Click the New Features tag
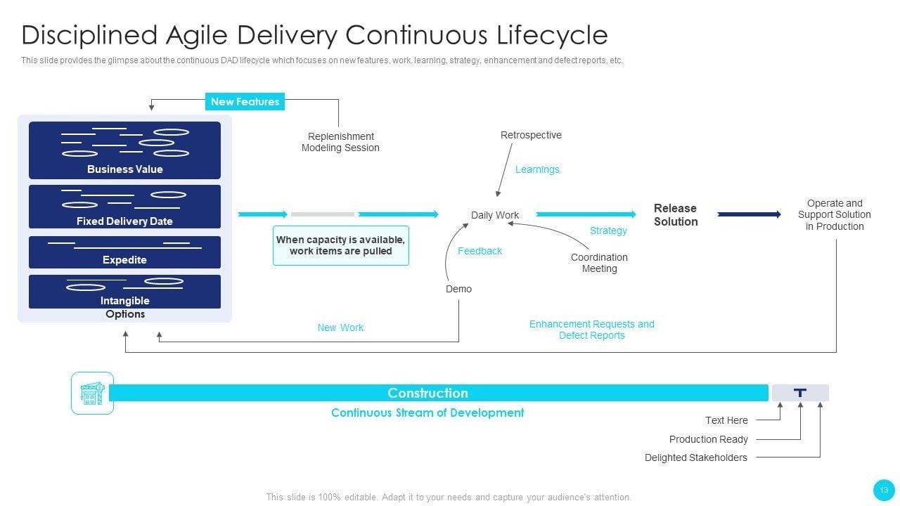[245, 102]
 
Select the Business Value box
[124, 150]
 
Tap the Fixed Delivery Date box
[124, 207]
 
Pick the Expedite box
[124, 252]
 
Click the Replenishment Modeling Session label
[340, 142]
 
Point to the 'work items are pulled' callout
[340, 245]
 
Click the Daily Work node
[495, 215]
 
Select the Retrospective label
[531, 135]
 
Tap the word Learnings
[537, 169]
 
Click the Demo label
[458, 289]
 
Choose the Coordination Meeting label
[599, 263]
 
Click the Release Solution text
[676, 215]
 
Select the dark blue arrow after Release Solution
[749, 214]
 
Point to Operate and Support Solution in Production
[835, 215]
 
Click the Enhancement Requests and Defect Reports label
[591, 330]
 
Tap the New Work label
[340, 327]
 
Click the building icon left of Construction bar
[92, 393]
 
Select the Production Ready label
[708, 439]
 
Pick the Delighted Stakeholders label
[695, 458]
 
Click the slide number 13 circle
[884, 490]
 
